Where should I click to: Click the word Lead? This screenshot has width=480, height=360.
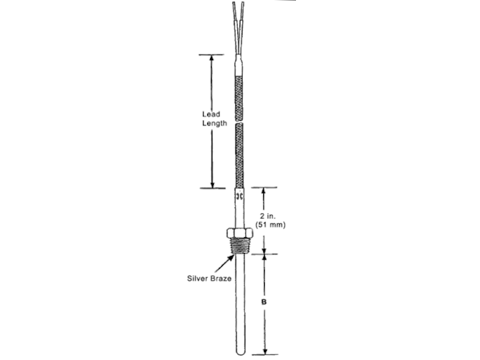pos(211,114)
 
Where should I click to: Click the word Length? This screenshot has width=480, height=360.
pos(215,124)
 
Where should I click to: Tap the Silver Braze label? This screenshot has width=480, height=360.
pos(209,279)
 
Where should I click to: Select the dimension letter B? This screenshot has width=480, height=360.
pos(263,302)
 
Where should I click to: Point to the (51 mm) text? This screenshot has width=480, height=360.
pos(270,225)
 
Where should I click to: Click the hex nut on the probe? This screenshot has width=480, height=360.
pos(240,233)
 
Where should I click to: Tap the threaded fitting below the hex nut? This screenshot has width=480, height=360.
pos(240,246)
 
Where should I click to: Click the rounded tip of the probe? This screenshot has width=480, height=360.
pos(241,351)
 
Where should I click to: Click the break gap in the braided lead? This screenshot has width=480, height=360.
pos(239,121)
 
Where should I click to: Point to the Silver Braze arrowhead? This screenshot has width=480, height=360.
pos(231,257)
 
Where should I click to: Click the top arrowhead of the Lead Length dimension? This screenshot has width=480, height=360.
pos(211,58)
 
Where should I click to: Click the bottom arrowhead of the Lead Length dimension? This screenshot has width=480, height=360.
pos(212,185)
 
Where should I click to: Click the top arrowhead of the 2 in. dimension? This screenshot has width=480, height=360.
pos(263,191)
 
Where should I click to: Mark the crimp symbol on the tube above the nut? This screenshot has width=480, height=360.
pos(240,196)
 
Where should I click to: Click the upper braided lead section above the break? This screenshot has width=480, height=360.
pos(239,98)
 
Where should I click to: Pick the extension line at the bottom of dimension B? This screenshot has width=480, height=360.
pos(265,355)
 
